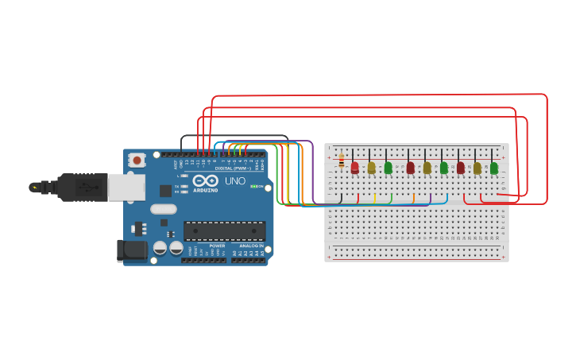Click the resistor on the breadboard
(x=342, y=161)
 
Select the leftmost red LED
(x=354, y=168)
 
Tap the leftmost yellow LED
(x=371, y=168)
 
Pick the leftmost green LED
(x=388, y=168)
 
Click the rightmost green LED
(x=493, y=168)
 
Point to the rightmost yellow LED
(x=477, y=168)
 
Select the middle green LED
(x=443, y=168)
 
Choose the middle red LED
(x=410, y=168)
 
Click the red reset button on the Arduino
(x=137, y=161)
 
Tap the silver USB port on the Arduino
(x=126, y=188)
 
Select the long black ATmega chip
(x=225, y=230)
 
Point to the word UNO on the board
(x=235, y=181)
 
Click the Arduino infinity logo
(x=204, y=180)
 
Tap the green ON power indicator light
(x=253, y=186)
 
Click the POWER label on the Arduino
(x=217, y=246)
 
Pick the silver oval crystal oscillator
(x=163, y=210)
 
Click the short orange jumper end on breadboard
(x=413, y=197)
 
